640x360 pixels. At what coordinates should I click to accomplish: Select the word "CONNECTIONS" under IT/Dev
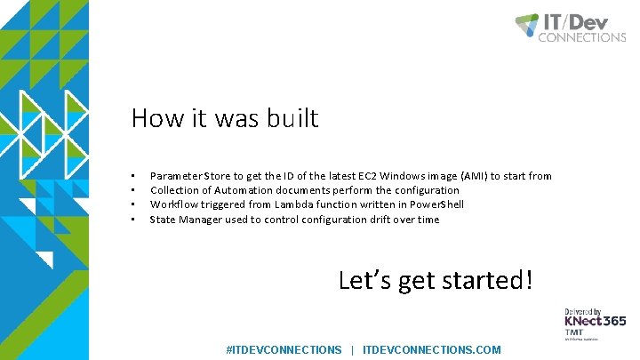(x=582, y=37)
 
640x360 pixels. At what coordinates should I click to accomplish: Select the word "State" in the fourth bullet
(x=163, y=219)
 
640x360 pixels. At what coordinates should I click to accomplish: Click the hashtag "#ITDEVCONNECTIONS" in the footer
(x=284, y=350)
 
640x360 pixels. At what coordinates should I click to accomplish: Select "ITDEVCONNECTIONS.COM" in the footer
(x=432, y=350)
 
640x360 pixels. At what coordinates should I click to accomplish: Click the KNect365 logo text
(x=595, y=321)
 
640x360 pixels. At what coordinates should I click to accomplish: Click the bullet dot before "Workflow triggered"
(x=132, y=204)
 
